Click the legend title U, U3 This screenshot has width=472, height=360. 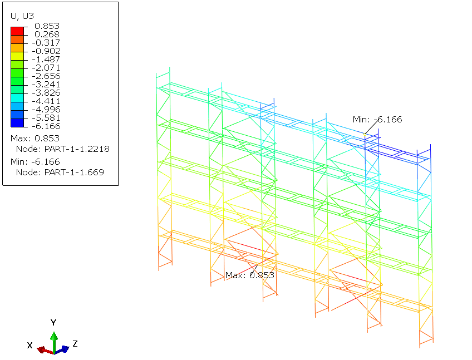click(x=22, y=16)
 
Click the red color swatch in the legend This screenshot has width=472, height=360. click(x=17, y=31)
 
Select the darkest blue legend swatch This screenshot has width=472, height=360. click(x=17, y=123)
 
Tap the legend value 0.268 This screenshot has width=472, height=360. click(x=47, y=34)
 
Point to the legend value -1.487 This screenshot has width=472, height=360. click(x=46, y=60)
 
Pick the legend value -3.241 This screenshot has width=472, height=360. click(x=46, y=84)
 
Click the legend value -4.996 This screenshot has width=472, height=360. click(x=46, y=109)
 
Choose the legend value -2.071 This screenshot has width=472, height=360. click(x=46, y=68)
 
